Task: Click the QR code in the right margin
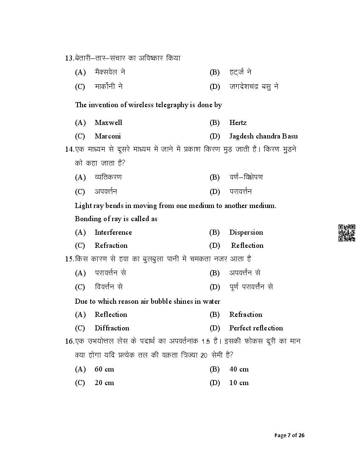point(346,233)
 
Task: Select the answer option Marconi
point(108,136)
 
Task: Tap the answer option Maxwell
point(108,122)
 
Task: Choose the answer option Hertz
point(238,122)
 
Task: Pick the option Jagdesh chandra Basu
point(263,136)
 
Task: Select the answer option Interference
point(113,232)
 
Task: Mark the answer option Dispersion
point(246,232)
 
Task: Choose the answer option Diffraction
point(112,328)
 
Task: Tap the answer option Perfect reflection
point(256,328)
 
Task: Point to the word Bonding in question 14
point(88,219)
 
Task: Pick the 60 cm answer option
point(104,369)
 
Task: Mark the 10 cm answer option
point(239,383)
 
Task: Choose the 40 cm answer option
point(239,369)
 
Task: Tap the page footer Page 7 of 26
point(289,435)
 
